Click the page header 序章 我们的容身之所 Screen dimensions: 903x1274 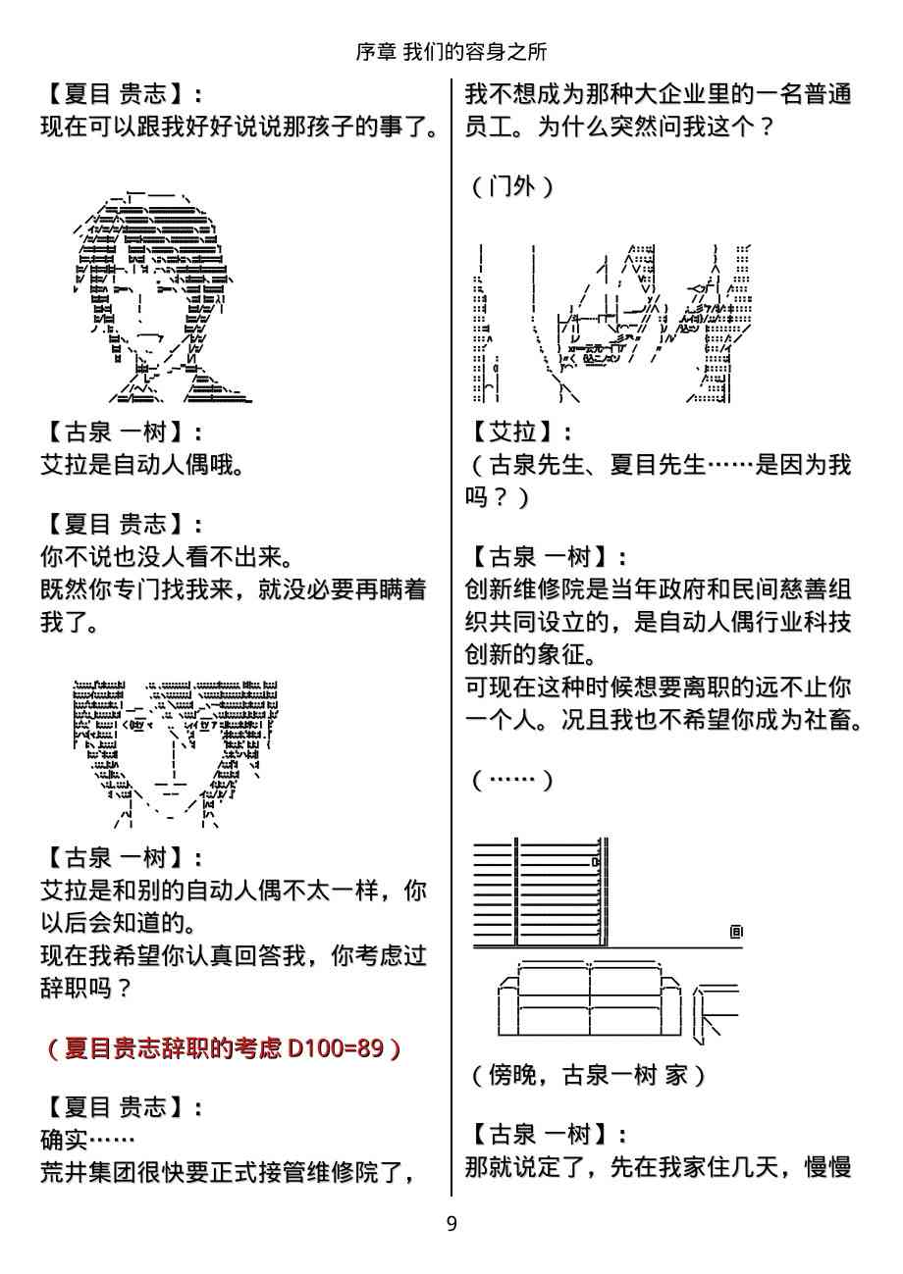coord(451,52)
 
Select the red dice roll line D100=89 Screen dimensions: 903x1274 coord(225,1047)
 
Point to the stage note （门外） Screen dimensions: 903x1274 coord(512,186)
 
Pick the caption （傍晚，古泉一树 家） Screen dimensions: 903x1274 coord(589,1075)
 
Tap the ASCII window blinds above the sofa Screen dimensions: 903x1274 coord(540,892)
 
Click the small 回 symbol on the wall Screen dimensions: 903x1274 coord(736,932)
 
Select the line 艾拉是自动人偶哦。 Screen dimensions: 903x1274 coord(143,465)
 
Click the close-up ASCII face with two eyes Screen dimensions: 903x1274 coord(176,753)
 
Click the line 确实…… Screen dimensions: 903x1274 coord(87,1139)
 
